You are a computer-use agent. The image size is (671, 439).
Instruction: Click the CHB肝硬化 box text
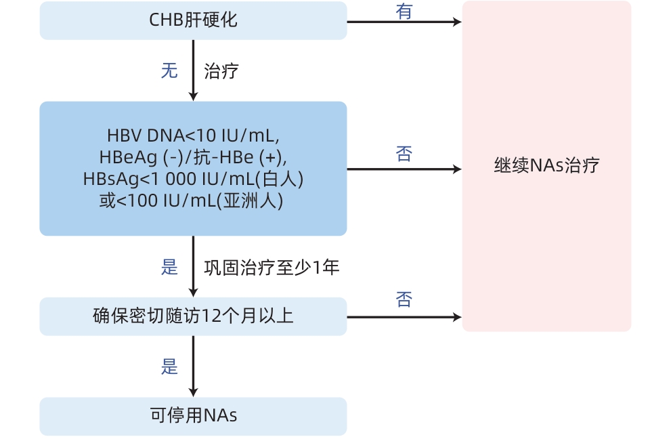click(193, 20)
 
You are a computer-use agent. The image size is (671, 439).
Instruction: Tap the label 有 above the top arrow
click(404, 12)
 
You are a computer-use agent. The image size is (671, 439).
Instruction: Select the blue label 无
click(169, 70)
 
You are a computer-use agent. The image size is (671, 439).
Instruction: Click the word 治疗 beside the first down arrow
click(221, 71)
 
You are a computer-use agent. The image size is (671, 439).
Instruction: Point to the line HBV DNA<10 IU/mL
click(193, 135)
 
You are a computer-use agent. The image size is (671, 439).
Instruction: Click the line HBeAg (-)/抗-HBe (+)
click(193, 157)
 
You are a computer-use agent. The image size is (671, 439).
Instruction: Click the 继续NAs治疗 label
click(546, 166)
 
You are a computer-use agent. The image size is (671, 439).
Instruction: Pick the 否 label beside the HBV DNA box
click(404, 154)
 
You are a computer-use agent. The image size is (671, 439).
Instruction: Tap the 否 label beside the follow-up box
click(404, 299)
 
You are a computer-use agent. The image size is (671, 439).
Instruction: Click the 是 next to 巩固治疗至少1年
click(169, 267)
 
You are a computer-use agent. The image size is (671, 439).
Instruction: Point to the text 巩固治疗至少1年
click(272, 268)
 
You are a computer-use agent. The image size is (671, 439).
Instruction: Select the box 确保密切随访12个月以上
click(193, 316)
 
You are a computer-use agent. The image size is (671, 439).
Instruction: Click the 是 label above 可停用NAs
click(169, 367)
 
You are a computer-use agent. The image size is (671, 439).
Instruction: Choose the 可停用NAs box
click(193, 415)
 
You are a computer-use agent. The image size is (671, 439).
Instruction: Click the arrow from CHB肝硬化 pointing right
click(404, 22)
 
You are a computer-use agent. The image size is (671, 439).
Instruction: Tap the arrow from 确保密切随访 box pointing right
click(404, 316)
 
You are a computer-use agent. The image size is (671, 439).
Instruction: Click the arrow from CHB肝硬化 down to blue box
click(193, 70)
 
